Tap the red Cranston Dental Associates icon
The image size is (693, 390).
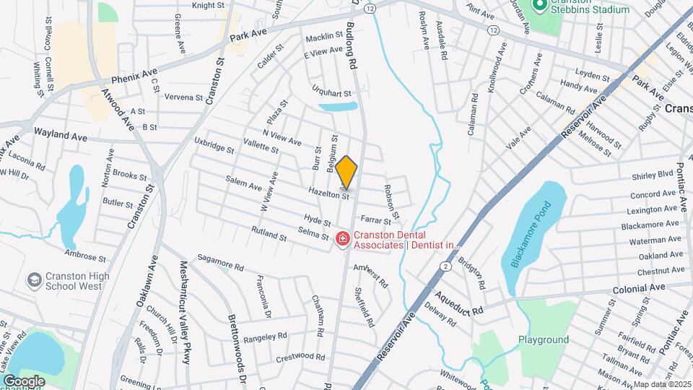343,238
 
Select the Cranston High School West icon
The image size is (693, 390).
34,279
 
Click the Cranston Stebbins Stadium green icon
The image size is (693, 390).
539,6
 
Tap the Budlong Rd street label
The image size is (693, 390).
352,45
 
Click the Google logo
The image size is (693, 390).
23,381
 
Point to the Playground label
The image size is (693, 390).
544,339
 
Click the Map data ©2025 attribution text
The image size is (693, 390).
662,384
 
